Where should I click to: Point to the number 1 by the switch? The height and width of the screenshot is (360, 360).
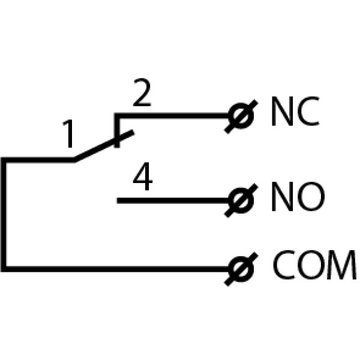coord(70,136)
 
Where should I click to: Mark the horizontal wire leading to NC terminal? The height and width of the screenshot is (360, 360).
coord(174,116)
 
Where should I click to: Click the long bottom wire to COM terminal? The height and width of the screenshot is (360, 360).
coord(120,268)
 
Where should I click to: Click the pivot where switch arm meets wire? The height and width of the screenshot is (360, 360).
coord(74,160)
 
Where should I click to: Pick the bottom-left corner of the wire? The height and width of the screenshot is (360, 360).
coord(4,268)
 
